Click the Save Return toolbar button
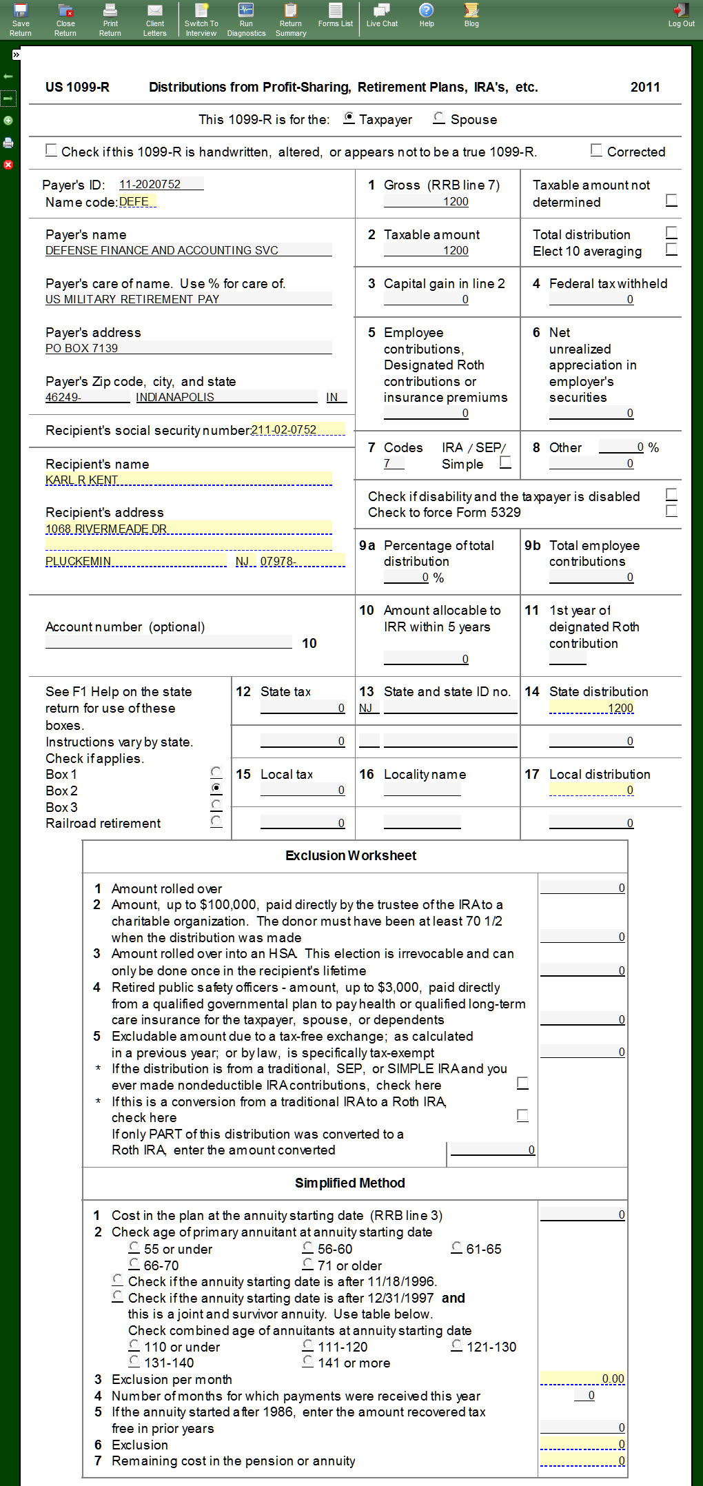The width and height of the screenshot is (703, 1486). (21, 19)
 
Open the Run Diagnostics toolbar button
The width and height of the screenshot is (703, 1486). (246, 19)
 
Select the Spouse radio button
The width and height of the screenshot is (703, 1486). (439, 119)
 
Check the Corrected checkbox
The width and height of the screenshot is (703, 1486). (596, 150)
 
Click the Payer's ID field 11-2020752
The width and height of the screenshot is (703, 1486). (161, 184)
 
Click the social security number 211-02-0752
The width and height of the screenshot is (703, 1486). (298, 429)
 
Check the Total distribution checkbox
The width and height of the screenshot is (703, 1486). (671, 232)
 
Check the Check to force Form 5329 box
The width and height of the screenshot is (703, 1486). (671, 511)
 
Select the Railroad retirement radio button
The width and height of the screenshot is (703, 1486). (216, 822)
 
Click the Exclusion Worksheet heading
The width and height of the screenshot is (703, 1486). (351, 855)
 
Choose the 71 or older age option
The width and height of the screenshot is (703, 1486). (308, 1264)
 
